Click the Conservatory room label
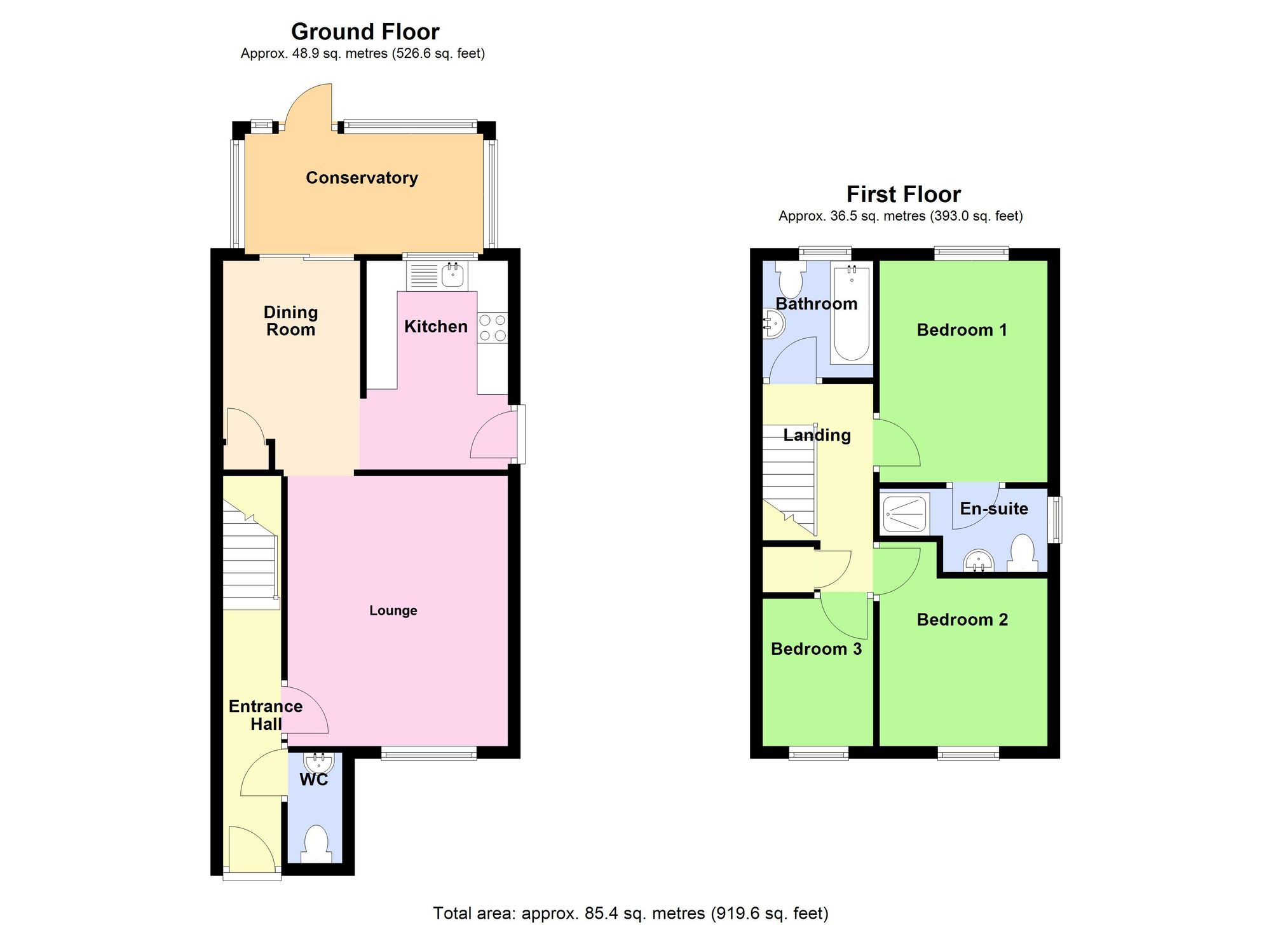[362, 178]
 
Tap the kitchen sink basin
[452, 275]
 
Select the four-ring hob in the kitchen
[493, 327]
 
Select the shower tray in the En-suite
[905, 514]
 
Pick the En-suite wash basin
[979, 561]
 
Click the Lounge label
[393, 611]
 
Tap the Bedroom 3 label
[816, 649]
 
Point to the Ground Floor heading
[365, 32]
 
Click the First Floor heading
[903, 194]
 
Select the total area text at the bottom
[630, 914]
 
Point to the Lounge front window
[429, 753]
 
